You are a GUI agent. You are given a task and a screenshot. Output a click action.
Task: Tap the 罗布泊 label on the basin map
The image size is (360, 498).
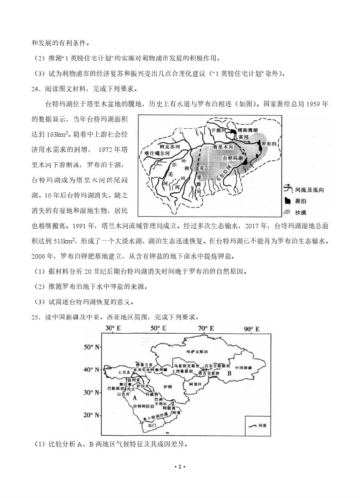[268, 143]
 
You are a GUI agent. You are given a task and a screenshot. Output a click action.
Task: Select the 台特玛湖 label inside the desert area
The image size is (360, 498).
[232, 158]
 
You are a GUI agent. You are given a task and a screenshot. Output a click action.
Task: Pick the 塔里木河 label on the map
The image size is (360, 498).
[222, 147]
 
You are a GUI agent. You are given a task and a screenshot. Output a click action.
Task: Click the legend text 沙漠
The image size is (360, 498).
[304, 213]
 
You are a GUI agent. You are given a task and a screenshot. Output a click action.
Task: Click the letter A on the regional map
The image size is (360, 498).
[134, 397]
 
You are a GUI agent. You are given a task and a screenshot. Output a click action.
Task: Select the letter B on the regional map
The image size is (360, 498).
[229, 373]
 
